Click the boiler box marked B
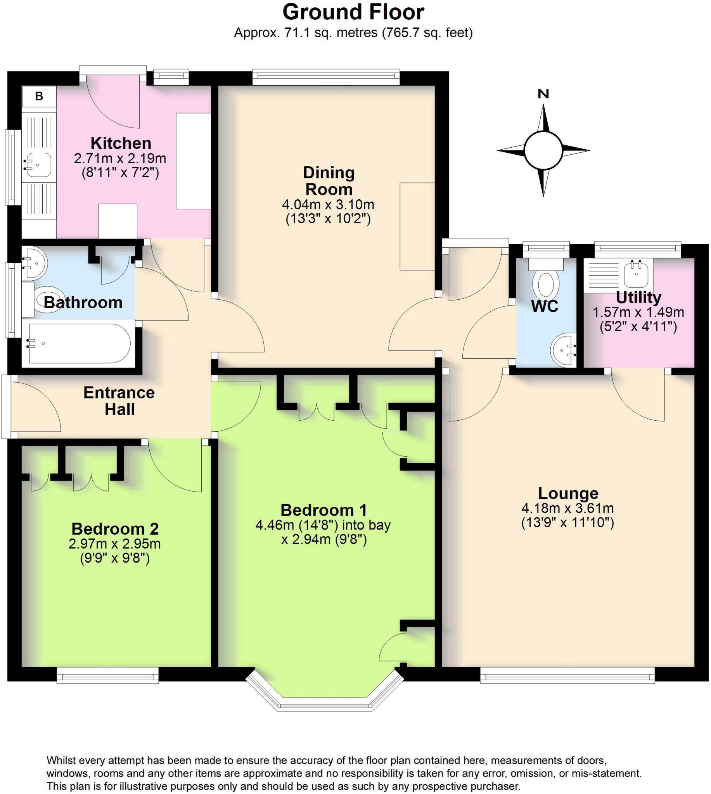pos(39,96)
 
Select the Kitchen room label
pos(121,143)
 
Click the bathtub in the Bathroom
pos(78,343)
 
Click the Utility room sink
pos(637,273)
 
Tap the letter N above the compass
pos(543,94)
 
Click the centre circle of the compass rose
pos(543,150)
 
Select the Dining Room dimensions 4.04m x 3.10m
pos(328,205)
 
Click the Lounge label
pos(568,494)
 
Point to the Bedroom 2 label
pos(115,529)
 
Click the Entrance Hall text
pos(119,401)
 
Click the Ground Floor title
pos(353,12)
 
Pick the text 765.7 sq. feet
pos(427,33)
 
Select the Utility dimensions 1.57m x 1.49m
pos(638,312)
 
